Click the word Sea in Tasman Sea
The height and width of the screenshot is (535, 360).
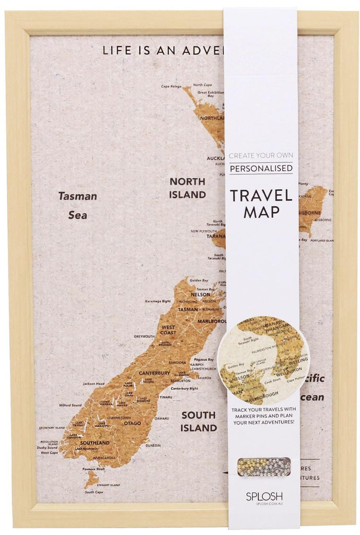click(77, 215)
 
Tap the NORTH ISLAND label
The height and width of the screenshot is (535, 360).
click(187, 188)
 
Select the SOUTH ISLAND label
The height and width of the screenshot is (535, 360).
click(199, 421)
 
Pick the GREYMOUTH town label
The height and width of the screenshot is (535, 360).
click(144, 336)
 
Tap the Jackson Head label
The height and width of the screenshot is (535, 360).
click(94, 383)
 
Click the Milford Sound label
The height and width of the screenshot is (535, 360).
click(70, 405)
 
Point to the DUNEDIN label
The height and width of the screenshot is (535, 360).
click(153, 446)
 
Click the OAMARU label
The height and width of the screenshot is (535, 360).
click(161, 418)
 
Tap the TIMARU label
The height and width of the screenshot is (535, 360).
click(166, 397)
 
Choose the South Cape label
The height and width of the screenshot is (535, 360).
click(94, 492)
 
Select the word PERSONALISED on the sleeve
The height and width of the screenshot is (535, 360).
click(261, 169)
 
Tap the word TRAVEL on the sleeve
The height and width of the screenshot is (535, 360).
click(261, 195)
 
